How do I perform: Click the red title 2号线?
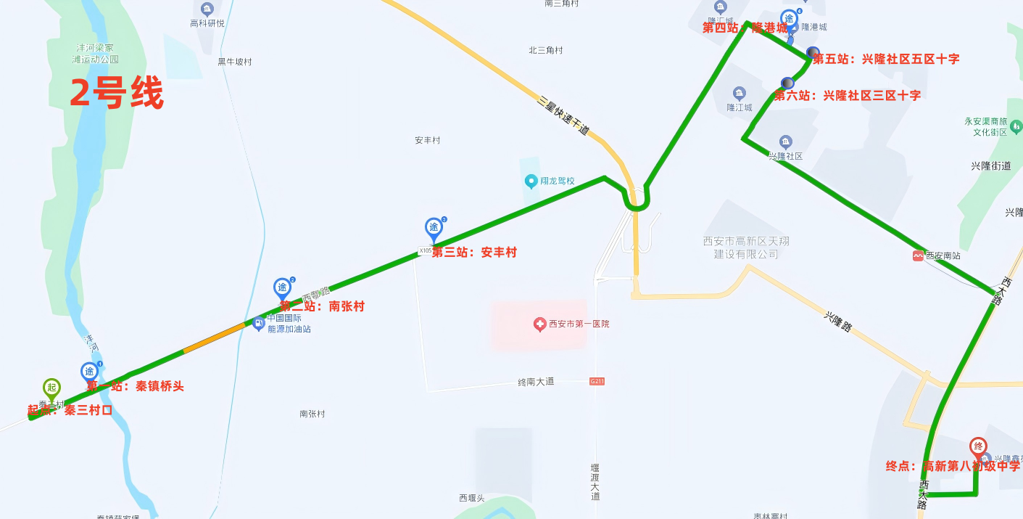point(116,94)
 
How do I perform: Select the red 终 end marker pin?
point(978,446)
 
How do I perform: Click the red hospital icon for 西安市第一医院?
point(539,324)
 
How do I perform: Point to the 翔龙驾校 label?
point(557,181)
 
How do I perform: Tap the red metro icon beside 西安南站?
point(919,256)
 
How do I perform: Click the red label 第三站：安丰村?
point(474,253)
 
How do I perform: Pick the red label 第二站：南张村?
point(322,306)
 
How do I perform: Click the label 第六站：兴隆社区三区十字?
point(848,95)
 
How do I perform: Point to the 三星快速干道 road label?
point(563,115)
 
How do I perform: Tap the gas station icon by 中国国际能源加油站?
point(258,324)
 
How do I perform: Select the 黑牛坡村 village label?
point(234,62)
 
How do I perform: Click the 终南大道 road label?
point(536,382)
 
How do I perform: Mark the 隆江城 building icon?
point(739,94)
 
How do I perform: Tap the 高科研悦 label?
point(207,23)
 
